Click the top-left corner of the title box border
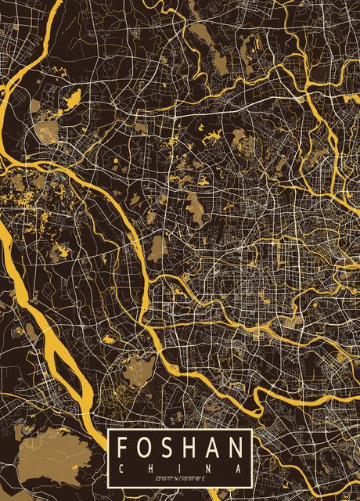pos(109,430)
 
